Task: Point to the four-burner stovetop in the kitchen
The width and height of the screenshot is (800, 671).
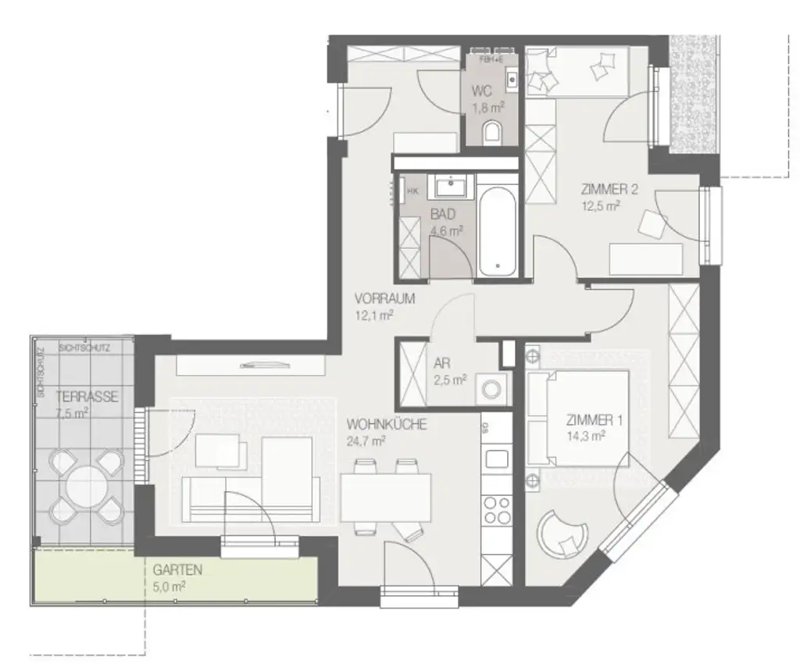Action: tap(497, 509)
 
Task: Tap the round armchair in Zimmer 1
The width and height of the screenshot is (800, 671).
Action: tap(562, 534)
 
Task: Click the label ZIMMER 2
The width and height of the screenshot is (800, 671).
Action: tap(605, 189)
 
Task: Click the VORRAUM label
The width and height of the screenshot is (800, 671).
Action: tap(384, 298)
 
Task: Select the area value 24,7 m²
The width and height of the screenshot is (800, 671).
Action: tap(367, 441)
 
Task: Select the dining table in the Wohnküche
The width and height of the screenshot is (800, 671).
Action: tap(386, 498)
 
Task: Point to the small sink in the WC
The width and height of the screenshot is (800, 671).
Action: tap(512, 78)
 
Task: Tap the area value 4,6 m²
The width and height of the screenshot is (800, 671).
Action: tap(447, 230)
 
